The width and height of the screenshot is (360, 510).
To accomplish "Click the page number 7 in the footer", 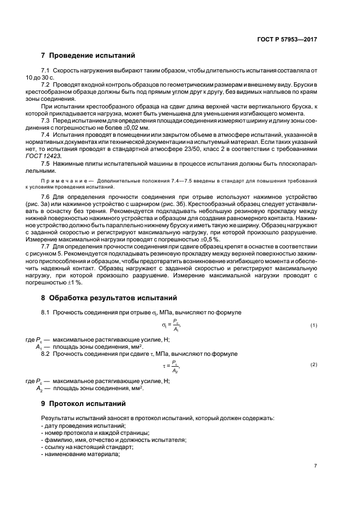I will pos(315,465).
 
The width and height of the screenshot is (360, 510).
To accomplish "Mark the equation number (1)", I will pos(314,325).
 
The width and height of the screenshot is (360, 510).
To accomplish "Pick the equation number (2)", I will pos(314,364).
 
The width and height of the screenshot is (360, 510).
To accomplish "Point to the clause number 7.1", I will pos(46,70).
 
